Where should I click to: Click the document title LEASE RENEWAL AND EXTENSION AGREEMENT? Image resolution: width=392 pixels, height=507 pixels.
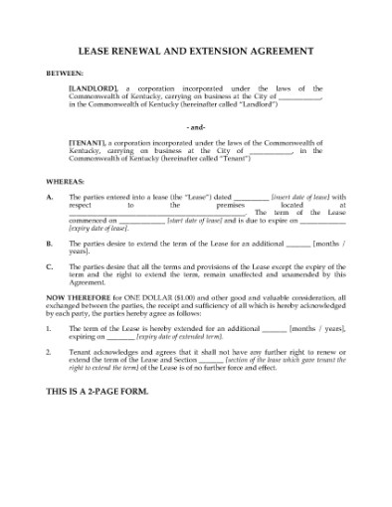195,51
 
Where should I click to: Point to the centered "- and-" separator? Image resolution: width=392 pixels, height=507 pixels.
195,127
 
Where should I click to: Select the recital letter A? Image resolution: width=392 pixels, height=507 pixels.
51,197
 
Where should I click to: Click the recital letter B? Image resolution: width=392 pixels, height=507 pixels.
51,243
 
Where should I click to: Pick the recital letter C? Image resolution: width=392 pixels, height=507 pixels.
51,265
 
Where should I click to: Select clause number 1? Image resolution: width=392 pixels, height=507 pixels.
50,327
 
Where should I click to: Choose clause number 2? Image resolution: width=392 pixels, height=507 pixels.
50,350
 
